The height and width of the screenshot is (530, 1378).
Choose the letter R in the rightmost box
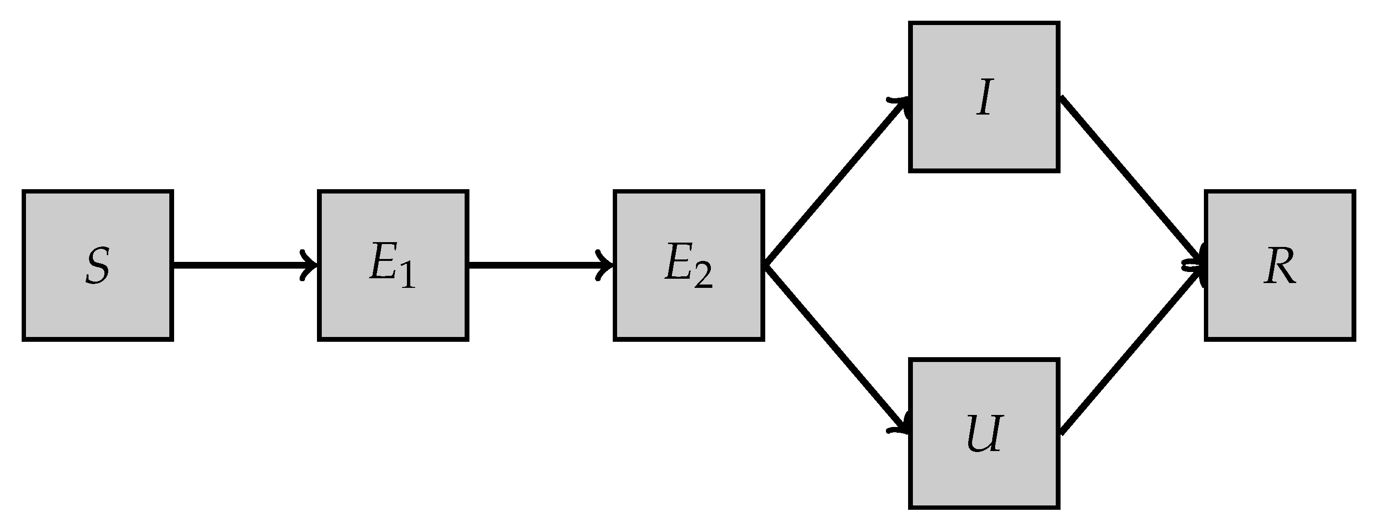tap(1279, 266)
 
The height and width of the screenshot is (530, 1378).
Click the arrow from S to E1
tap(240, 264)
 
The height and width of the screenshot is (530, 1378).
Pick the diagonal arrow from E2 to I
tap(834, 182)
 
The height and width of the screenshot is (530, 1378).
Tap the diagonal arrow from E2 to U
tap(834, 348)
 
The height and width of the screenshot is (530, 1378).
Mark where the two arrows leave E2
tap(766, 264)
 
